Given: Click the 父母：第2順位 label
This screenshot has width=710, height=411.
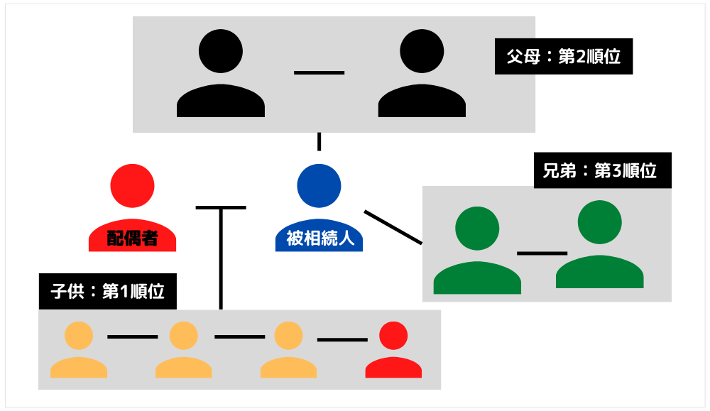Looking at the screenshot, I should [564, 57].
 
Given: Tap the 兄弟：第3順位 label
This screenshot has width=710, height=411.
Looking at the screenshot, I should [603, 170].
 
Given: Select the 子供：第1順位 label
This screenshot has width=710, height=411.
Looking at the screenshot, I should [107, 291].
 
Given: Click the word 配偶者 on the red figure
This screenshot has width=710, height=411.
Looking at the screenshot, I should [132, 239].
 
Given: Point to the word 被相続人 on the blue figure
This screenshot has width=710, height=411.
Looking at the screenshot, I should [319, 239].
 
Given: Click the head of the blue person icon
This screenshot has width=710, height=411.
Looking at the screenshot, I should [319, 186].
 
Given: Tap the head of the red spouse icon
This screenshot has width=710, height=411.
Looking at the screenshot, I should [132, 186].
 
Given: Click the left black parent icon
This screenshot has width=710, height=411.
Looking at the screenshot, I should [221, 75].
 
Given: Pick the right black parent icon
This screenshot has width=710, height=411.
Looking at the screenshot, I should [422, 75].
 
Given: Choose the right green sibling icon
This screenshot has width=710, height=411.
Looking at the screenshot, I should [599, 244].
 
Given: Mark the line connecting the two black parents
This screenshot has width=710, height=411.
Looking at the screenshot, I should [319, 72].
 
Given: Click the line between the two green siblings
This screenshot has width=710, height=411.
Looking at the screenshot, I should [542, 253].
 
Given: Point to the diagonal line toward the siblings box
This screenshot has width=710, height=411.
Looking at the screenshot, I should [393, 227].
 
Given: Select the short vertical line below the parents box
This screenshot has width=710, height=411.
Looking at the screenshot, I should [319, 141].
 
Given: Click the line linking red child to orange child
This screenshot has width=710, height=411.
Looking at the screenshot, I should [342, 339].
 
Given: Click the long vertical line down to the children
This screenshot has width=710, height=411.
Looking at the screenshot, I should [221, 259].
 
